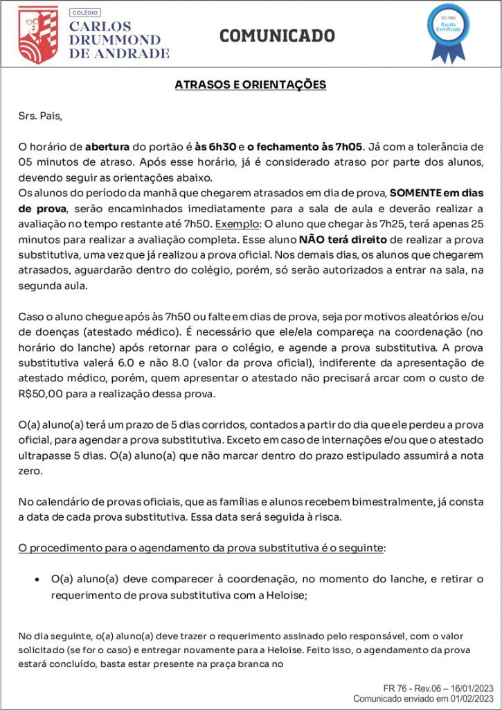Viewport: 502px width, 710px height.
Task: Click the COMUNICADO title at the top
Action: (277, 36)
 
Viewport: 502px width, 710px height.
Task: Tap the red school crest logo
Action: (38, 35)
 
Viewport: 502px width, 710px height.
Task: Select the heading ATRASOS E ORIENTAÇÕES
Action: (251, 85)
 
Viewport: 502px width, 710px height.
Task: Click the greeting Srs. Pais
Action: (40, 115)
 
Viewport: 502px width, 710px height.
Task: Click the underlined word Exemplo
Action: (235, 224)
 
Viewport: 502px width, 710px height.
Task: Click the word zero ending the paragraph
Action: (30, 470)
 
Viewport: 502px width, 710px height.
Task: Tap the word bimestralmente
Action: (403, 501)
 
